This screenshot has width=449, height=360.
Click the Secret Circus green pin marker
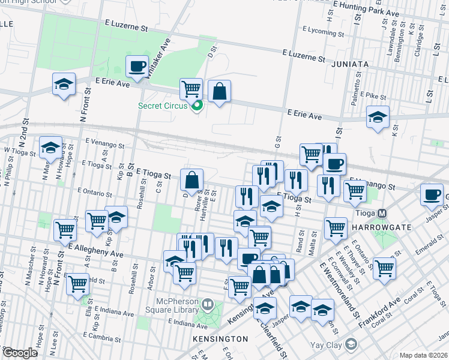coord(196,106)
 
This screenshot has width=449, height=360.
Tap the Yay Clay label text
coord(325,345)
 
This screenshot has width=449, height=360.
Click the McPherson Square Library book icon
coord(208,305)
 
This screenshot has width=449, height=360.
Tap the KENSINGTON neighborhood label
coord(220,339)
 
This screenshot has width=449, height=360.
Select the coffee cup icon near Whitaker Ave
coord(137,66)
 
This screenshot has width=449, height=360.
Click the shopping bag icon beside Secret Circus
coord(219,92)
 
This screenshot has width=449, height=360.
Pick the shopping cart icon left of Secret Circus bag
coord(191,89)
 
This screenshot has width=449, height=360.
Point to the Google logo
coord(19,353)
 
